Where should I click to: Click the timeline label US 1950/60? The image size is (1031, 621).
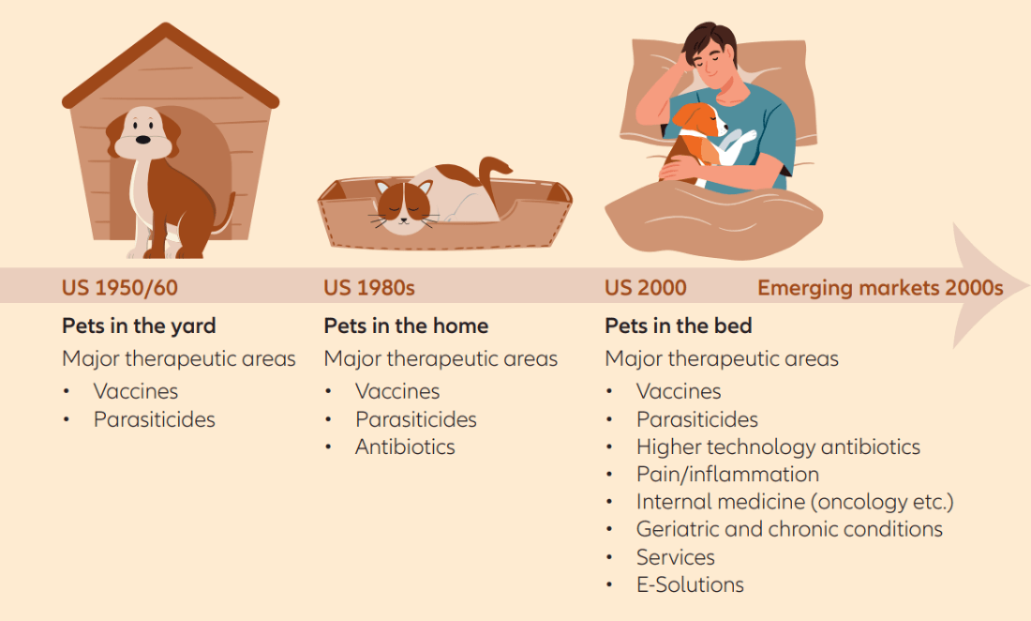pos(120,287)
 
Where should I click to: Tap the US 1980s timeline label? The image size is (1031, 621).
pos(369,287)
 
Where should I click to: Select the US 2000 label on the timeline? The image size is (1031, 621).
pos(645,287)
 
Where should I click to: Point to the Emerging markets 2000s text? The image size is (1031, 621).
pos(880,287)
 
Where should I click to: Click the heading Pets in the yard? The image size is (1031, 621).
pos(139,326)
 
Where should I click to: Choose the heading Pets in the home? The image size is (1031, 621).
pos(406,326)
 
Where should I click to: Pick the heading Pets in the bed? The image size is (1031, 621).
pos(678,326)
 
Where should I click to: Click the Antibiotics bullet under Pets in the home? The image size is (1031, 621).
pos(405,447)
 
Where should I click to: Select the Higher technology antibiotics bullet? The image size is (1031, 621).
pos(778,447)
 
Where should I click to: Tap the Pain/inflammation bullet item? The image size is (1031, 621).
pos(727,475)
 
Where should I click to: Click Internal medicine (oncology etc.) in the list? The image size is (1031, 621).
pos(794,502)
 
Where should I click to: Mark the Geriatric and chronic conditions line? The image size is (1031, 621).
pos(789,529)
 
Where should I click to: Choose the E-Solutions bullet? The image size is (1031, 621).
pos(690,584)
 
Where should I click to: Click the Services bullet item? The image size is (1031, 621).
pos(675,557)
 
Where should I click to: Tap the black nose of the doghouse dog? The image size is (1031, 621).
pos(142,140)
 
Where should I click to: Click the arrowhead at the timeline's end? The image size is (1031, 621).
pos(986,285)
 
